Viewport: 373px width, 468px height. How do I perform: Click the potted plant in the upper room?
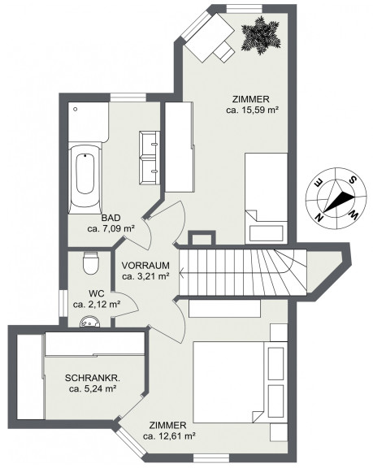(x=261, y=36)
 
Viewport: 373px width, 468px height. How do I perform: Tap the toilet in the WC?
(x=90, y=262)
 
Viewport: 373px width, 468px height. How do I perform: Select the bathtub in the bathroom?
(x=85, y=179)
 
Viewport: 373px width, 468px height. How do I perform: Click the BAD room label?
(x=111, y=218)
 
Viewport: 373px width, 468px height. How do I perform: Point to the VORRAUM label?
(x=145, y=266)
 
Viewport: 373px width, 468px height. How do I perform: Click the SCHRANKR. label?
(x=93, y=378)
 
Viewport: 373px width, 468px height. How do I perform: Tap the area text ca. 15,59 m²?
(x=253, y=110)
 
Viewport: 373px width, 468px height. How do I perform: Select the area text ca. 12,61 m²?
(x=169, y=436)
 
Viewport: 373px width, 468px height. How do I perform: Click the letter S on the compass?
(x=353, y=180)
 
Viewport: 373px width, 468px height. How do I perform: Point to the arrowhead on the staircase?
(x=181, y=272)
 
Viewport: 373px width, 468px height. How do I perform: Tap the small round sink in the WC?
(x=89, y=322)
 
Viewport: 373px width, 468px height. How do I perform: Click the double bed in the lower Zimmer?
(x=229, y=382)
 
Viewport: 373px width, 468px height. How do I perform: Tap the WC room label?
(x=97, y=293)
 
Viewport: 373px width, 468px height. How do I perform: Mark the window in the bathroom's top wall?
(x=128, y=97)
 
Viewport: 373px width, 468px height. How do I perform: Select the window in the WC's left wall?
(x=63, y=303)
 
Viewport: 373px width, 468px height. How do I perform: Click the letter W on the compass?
(x=353, y=214)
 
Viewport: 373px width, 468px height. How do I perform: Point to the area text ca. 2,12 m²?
(x=97, y=305)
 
